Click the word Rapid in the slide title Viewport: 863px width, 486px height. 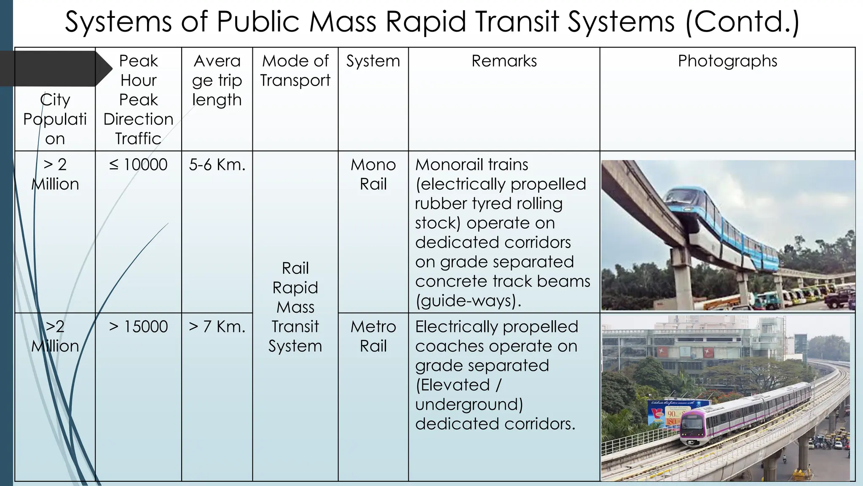click(426, 22)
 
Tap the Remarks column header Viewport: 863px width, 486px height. click(504, 61)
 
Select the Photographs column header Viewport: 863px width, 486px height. click(727, 61)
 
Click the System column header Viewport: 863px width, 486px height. click(373, 61)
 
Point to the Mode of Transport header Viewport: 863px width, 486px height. click(295, 70)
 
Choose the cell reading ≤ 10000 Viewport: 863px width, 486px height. click(138, 165)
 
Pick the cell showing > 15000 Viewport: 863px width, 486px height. click(138, 327)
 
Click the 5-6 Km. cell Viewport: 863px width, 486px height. click(217, 165)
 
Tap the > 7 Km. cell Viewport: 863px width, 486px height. click(217, 327)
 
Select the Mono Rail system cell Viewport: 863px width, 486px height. click(373, 174)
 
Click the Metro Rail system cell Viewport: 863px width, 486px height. click(373, 336)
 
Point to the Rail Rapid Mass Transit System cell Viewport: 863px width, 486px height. click(295, 307)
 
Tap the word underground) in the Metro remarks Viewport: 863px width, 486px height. click(469, 404)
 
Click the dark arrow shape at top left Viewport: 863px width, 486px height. click(55, 68)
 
